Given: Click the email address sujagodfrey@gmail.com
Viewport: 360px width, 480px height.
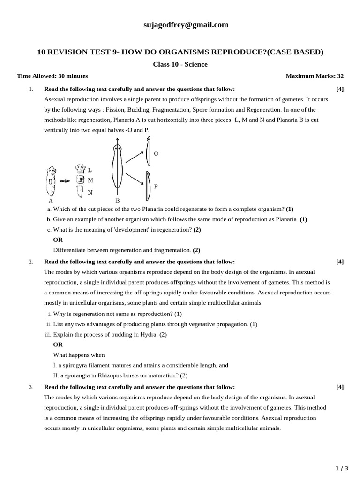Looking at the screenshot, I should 186,25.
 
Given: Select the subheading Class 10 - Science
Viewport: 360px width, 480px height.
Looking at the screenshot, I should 180,64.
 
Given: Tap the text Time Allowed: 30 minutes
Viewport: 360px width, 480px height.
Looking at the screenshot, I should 52,76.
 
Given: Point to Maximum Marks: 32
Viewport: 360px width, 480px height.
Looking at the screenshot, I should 315,76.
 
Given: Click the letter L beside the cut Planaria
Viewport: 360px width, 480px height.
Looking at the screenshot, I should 90,170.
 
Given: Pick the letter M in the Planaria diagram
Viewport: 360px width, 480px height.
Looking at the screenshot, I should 90,180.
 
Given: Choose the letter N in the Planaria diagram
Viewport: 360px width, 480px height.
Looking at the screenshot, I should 90,192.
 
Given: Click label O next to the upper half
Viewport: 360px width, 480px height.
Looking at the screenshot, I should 156,154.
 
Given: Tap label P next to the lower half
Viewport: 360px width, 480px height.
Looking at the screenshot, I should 156,186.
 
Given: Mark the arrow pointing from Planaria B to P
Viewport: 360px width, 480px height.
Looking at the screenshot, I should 134,180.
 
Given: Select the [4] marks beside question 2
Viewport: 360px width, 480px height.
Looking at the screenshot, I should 340,262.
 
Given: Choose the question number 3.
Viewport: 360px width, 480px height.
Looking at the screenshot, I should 31,387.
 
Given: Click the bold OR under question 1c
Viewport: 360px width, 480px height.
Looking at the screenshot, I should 58,240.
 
